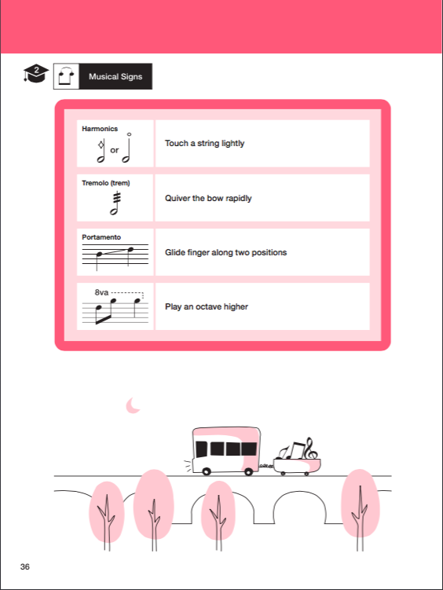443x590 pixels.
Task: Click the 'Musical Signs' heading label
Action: [x=115, y=77]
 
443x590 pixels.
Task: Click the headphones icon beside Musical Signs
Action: [x=65, y=76]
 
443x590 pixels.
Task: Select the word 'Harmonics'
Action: [x=99, y=128]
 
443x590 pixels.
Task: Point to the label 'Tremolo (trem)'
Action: [x=105, y=183]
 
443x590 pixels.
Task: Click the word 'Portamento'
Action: [x=101, y=236]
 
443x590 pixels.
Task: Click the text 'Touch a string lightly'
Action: [x=204, y=144]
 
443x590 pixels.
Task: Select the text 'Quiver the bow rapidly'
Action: [x=208, y=198]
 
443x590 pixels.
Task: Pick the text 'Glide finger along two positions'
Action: [x=225, y=252]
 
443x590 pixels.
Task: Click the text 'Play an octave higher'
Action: [x=206, y=306]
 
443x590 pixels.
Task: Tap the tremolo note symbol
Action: [x=115, y=203]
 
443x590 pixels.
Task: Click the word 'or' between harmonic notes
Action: [x=114, y=150]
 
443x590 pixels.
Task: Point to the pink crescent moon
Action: [x=134, y=405]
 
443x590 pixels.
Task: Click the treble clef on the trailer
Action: [x=309, y=449]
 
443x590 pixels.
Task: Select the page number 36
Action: [x=26, y=566]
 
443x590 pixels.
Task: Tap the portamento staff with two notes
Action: [x=115, y=255]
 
